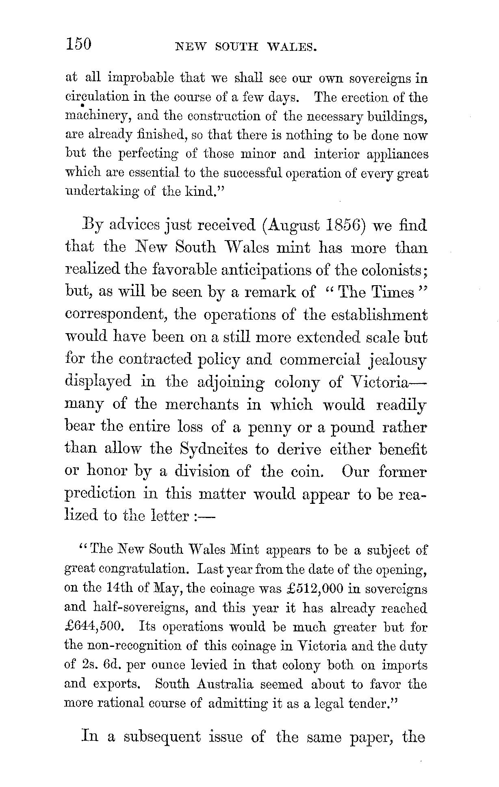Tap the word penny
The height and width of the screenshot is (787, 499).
(x=269, y=427)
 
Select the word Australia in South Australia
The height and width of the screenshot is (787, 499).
(x=225, y=684)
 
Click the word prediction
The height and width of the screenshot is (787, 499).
(x=100, y=494)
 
